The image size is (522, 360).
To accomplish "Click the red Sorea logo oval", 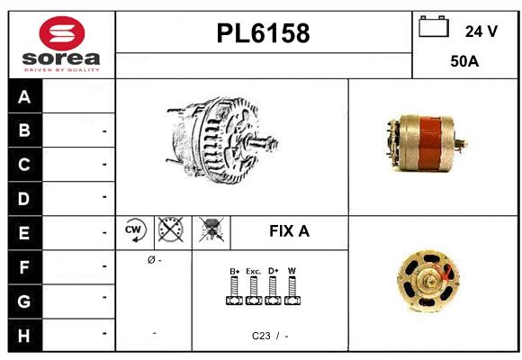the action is (62, 33).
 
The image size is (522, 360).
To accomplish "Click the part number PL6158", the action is (263, 33).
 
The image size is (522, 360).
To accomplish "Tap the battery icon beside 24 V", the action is (434, 26).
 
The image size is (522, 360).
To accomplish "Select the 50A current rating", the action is (464, 61).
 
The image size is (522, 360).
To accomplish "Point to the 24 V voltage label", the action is (481, 31).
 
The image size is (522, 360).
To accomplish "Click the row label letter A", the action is (24, 97).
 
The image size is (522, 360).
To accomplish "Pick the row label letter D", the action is (23, 199).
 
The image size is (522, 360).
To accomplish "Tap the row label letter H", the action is (23, 336).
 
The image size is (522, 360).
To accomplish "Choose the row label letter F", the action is (24, 267).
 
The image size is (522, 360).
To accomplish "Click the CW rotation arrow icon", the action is (135, 230).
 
